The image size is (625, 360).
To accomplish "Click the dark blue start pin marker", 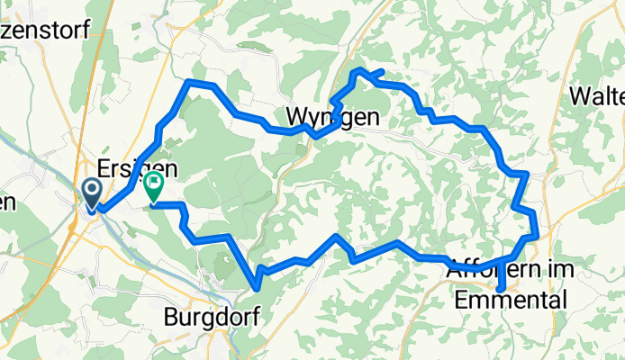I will point(92,193).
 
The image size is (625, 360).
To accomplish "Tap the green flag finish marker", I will point(153,187).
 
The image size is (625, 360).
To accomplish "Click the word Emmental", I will point(512,299).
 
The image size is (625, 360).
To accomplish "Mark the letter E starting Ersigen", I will point(103,169).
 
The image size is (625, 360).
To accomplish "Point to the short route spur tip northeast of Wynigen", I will point(384,71).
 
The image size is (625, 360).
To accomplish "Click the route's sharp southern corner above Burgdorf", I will point(258,288).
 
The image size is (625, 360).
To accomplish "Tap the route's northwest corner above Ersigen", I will point(188,82).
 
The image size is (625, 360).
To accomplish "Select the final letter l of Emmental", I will point(565,299).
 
